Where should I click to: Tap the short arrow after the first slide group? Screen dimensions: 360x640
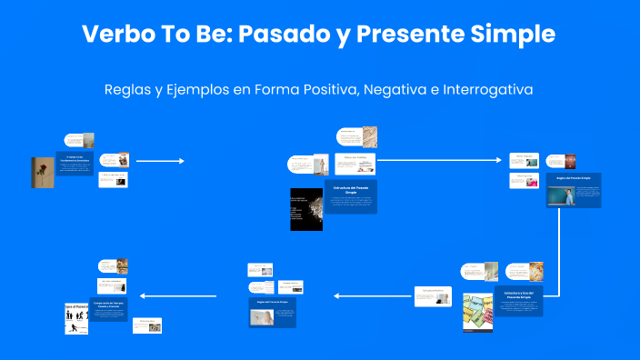point(160,161)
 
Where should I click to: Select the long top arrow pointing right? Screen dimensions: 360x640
point(439,160)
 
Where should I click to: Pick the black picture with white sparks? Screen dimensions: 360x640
point(305,209)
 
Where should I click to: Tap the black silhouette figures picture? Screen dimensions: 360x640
point(76,318)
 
